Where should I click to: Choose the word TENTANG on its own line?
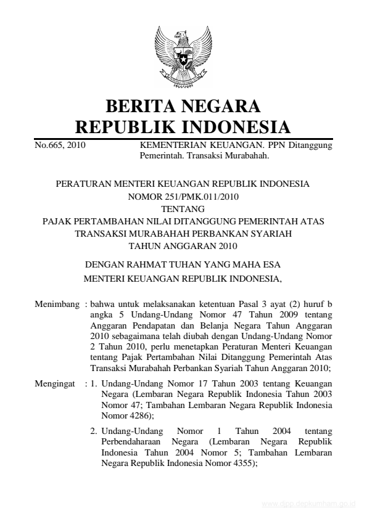click(183, 209)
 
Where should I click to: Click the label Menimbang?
click(57, 304)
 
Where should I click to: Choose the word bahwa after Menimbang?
click(103, 304)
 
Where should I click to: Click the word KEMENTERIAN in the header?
click(171, 146)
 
